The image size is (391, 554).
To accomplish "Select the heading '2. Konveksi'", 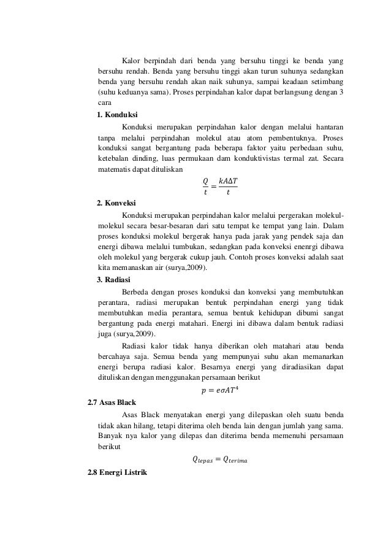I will tap(116, 203).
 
